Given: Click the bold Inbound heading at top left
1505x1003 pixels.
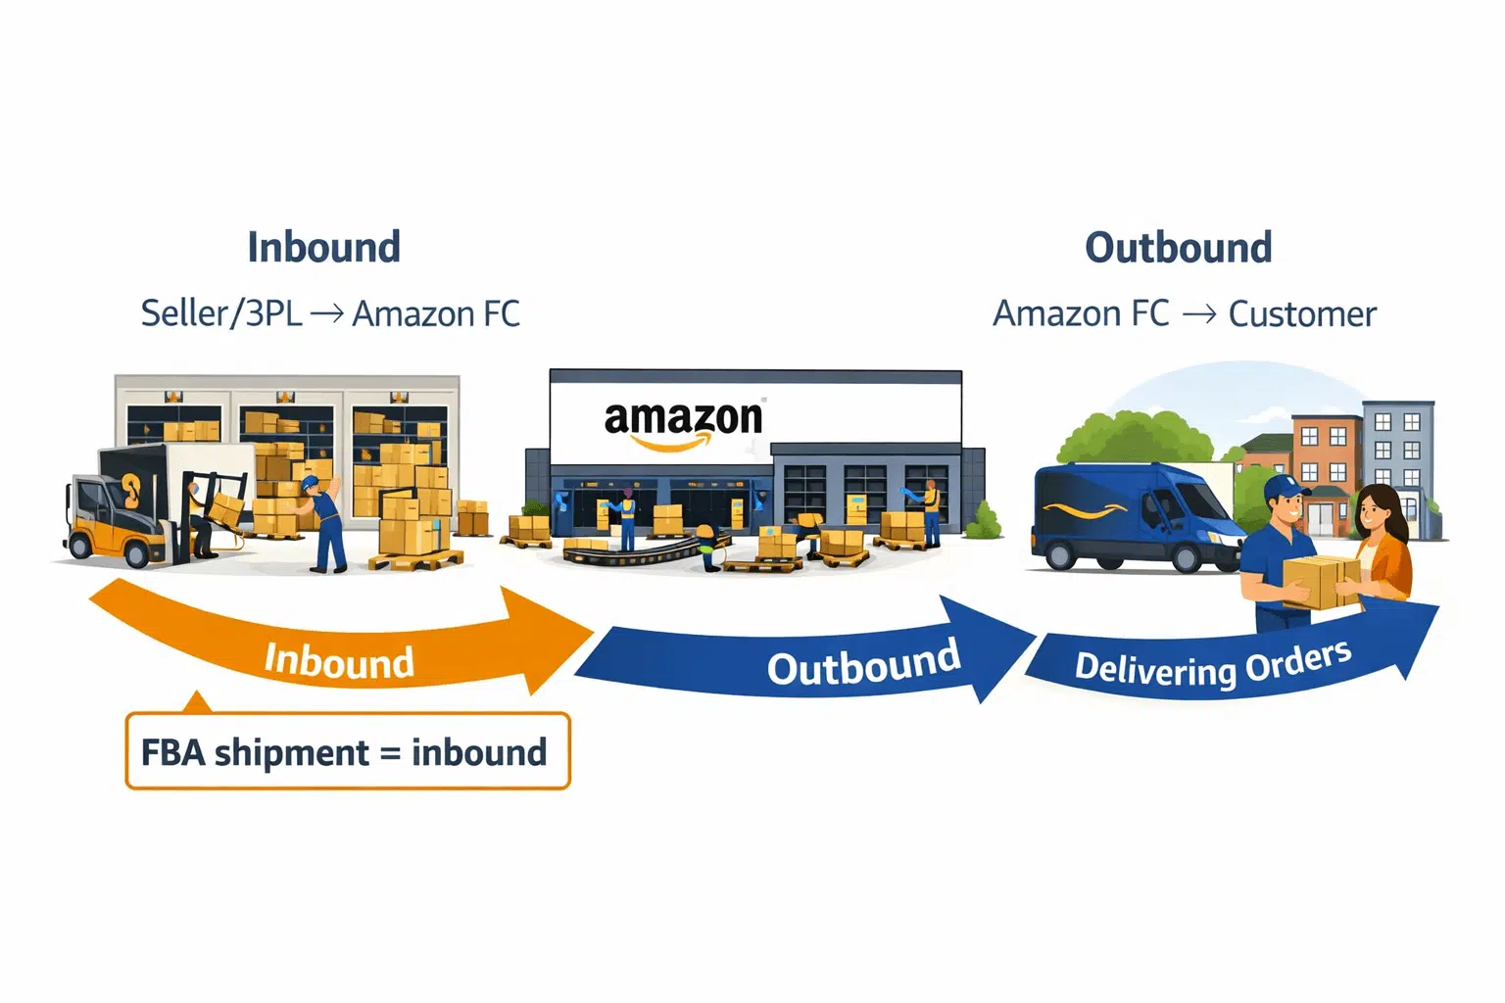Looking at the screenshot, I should coord(323,247).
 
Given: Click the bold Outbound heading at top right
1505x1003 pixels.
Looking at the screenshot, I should coord(1178,247).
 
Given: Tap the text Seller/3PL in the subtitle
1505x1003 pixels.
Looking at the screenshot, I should coord(221,313).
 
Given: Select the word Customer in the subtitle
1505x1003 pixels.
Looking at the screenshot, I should coord(1301,313).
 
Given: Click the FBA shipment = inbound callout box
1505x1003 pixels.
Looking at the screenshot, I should coord(348,751).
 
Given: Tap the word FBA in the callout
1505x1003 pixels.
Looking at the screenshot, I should coord(172,752).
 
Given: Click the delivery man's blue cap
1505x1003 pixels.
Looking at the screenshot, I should coord(1285,487).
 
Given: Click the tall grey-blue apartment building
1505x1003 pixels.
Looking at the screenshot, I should coord(1399,451).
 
